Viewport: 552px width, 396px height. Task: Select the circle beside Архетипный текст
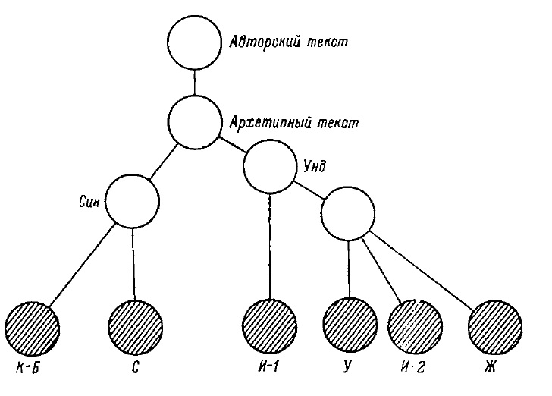(195, 122)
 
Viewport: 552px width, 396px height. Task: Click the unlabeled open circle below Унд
(349, 213)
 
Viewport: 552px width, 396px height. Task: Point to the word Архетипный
(264, 123)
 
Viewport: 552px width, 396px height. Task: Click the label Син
(90, 203)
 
